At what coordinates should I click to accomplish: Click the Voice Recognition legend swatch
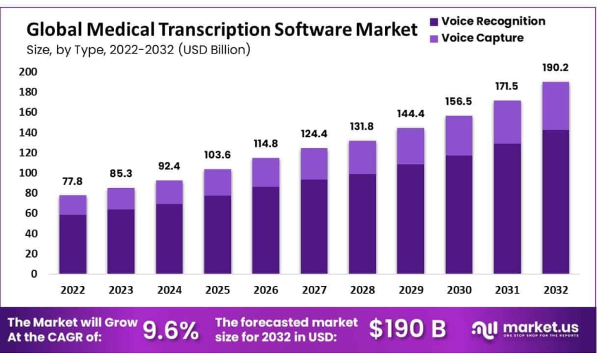pos(434,22)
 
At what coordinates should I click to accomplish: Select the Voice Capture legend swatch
pos(434,38)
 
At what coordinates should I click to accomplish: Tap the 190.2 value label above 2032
pos(556,68)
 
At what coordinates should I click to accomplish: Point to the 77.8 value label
pos(72,181)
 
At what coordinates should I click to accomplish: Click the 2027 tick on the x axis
pos(314,290)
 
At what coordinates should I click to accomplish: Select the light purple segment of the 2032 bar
pos(556,106)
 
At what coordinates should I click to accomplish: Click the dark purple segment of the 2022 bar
pos(73,243)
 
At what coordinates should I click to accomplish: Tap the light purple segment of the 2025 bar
pos(217,182)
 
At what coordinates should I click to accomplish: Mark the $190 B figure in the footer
pos(408,329)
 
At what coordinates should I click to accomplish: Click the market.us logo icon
pos(484,329)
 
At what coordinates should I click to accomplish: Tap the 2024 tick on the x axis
pos(169,290)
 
